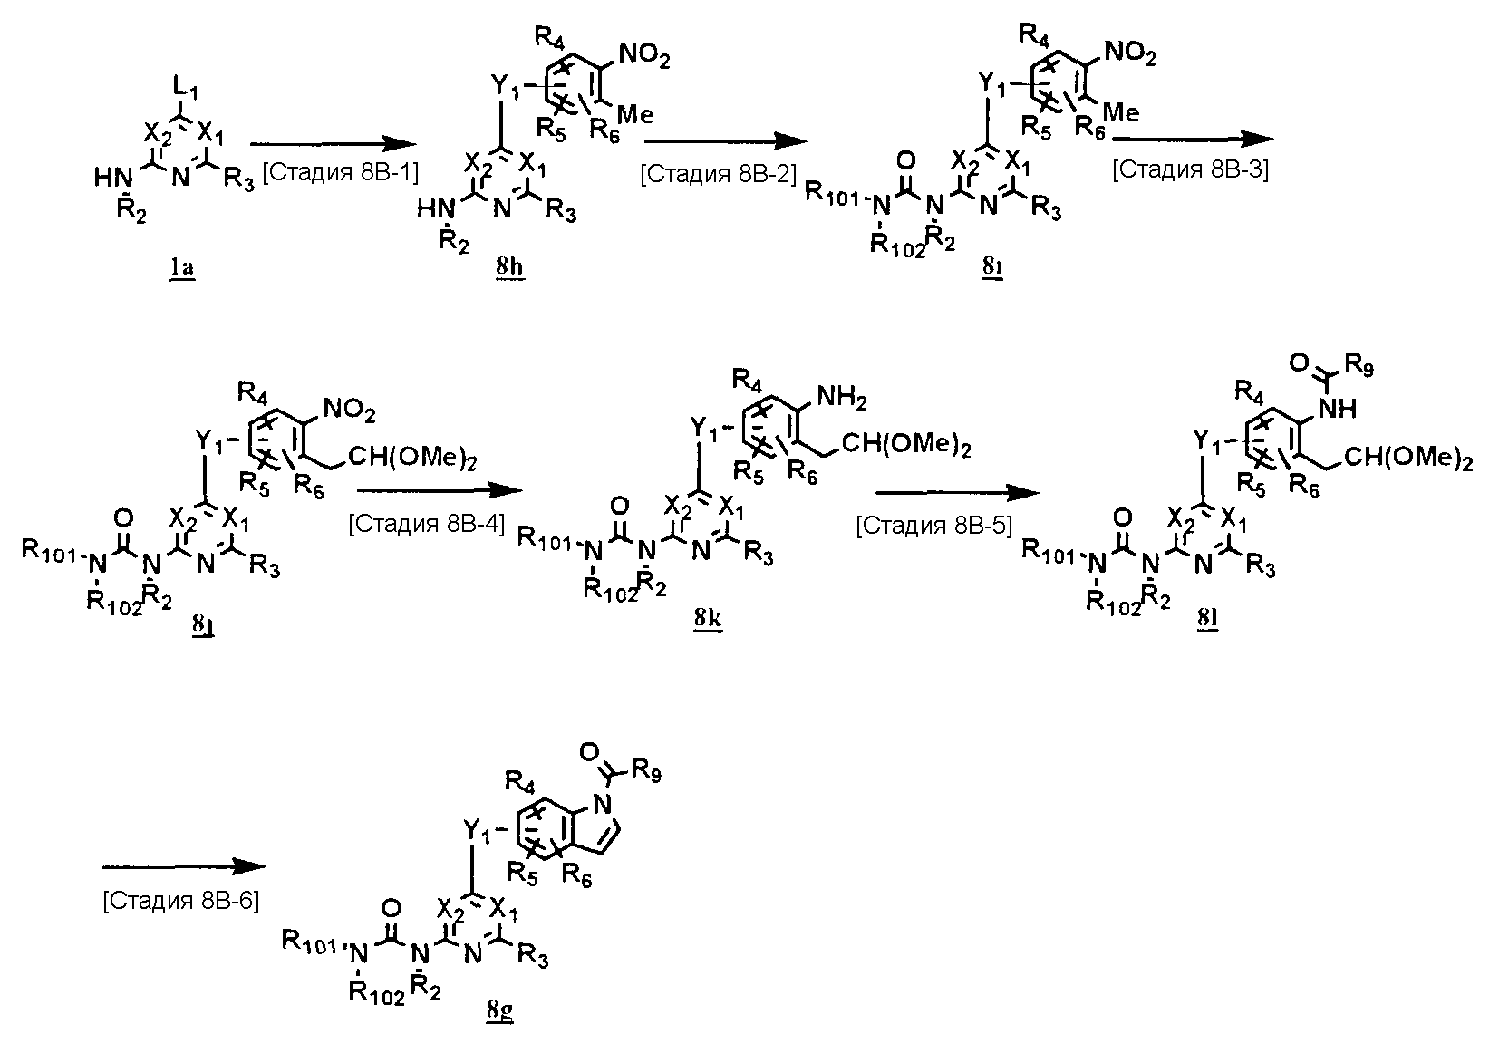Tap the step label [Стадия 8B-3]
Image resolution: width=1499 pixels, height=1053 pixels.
coord(1190,170)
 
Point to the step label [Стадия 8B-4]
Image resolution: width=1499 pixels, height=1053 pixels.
coord(427,524)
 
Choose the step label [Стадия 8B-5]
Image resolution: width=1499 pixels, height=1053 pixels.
coord(933,526)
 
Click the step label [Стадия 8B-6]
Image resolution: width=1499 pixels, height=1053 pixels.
coord(181,901)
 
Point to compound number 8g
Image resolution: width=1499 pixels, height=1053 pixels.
coord(499,1010)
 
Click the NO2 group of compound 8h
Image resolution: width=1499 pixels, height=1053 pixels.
coord(644,60)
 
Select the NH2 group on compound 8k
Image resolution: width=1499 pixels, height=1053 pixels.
coord(844,395)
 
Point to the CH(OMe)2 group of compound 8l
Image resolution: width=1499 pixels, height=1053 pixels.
coord(1406,459)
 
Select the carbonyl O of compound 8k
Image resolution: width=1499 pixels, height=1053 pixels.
coord(622,504)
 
